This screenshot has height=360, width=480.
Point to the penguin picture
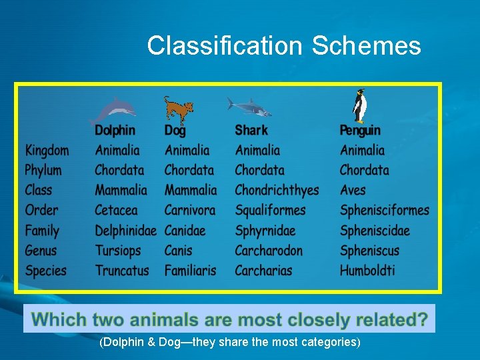(360, 106)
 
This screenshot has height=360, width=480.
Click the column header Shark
(251, 130)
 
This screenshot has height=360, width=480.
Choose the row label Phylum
(43, 170)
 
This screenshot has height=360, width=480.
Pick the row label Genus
(41, 251)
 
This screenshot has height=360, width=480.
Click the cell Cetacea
(116, 210)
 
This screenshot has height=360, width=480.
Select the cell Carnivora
(190, 210)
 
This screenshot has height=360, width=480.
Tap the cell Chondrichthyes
(277, 191)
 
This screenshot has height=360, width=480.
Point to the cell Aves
(353, 190)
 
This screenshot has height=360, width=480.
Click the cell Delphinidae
(125, 231)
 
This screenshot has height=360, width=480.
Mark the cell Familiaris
(191, 271)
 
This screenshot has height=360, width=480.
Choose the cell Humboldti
(367, 271)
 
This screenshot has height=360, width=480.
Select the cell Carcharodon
(269, 251)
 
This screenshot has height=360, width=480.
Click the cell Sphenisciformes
(385, 211)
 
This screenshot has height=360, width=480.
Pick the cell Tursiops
(118, 251)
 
